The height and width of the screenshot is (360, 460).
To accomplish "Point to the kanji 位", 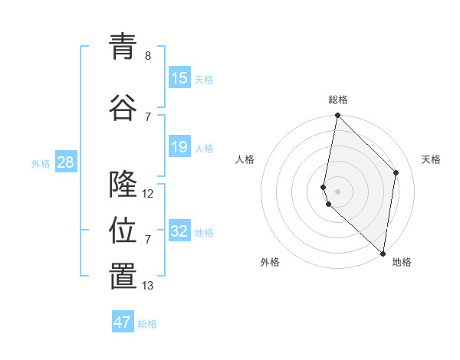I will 123,230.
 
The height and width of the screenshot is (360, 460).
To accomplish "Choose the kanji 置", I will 123,277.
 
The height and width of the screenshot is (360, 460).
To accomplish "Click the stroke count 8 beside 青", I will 148,56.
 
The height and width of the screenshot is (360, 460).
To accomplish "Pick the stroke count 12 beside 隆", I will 148,194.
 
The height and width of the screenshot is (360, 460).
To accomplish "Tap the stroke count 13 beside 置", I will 148,286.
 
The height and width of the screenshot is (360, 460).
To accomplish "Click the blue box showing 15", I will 179,78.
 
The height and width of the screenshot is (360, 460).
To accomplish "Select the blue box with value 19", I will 179,147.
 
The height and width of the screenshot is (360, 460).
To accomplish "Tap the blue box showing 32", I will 179,231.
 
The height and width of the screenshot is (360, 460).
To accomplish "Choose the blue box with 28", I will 65,162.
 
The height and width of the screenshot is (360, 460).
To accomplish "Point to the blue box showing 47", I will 123,322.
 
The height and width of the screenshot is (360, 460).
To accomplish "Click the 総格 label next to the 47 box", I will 147,324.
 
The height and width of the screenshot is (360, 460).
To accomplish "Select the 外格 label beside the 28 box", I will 41,163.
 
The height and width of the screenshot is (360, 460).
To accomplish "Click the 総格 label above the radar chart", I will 338,100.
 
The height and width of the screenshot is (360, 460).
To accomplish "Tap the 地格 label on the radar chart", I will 402,263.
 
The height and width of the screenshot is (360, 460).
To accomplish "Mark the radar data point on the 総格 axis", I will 337,116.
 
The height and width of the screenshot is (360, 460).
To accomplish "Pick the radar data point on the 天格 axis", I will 396,172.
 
